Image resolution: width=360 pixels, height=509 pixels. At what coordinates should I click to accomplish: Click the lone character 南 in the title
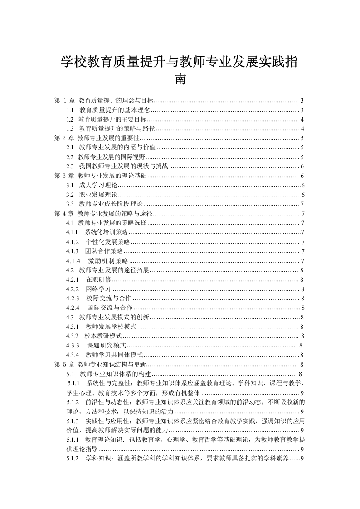click(180, 80)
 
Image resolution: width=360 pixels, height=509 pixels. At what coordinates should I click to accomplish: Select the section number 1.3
click(70, 129)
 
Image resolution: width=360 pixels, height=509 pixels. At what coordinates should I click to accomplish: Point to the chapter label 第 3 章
click(64, 176)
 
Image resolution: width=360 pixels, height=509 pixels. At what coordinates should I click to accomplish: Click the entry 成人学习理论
click(98, 185)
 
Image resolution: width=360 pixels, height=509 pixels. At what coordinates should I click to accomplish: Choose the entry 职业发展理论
click(98, 195)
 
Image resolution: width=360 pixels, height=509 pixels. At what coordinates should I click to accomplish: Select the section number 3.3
click(70, 204)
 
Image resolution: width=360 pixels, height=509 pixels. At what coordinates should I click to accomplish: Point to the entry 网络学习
click(98, 289)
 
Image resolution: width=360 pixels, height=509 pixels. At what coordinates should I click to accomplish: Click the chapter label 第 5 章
click(64, 364)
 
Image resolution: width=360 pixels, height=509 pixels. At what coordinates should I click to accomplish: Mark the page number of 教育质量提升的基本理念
click(302, 110)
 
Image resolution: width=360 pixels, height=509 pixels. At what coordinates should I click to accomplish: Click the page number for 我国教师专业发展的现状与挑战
click(302, 166)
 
